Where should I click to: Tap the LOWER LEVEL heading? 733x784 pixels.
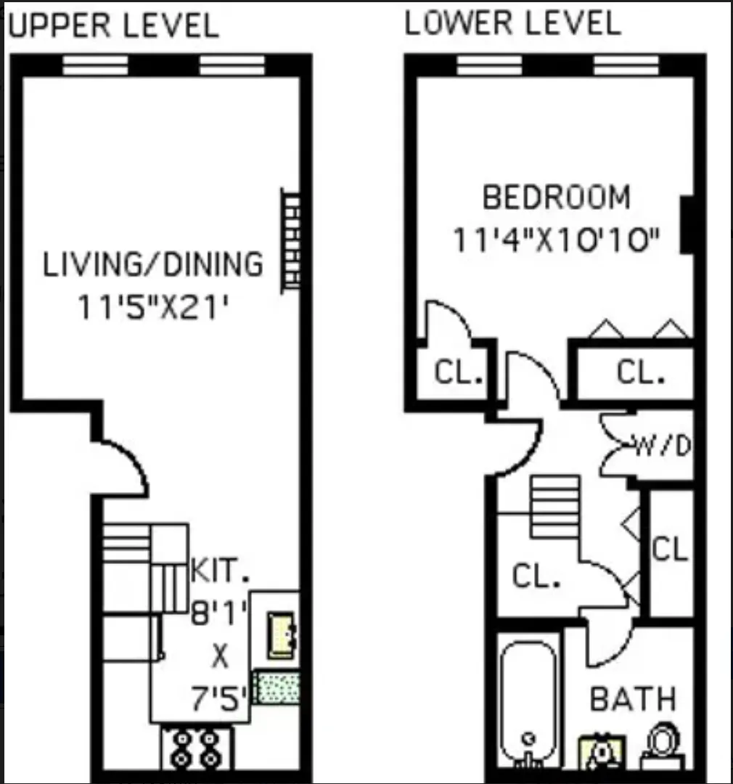coord(512,23)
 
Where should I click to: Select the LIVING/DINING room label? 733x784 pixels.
coord(153,264)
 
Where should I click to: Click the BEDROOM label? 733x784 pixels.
coord(557,197)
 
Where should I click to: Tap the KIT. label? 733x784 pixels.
coord(220,571)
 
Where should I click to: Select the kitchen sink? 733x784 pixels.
coord(282,636)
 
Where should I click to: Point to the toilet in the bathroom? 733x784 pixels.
coord(662,743)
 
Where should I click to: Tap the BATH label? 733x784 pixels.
coord(632,700)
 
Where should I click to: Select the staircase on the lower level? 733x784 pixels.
coord(555,506)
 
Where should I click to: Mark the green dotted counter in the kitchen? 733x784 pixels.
coord(279,687)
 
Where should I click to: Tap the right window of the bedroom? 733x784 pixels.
coord(626,66)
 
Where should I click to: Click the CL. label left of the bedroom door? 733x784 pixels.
coord(459,373)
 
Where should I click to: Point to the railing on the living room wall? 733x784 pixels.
coord(291,240)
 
